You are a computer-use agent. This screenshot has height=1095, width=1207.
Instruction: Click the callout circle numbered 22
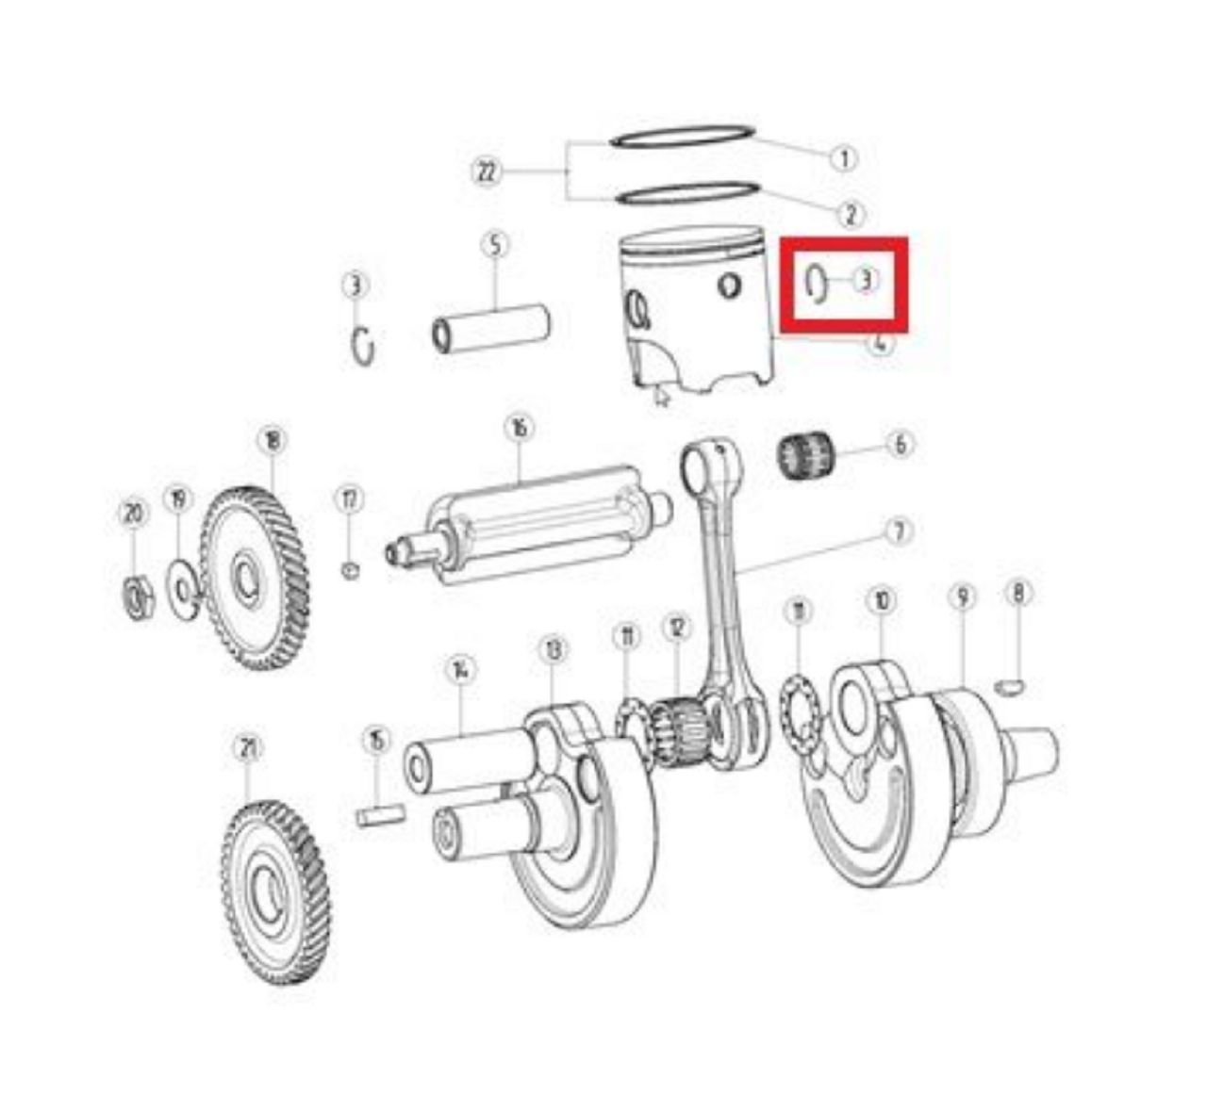click(486, 172)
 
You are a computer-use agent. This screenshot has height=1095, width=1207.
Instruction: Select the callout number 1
click(844, 158)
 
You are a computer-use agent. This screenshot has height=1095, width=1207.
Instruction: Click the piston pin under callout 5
click(490, 326)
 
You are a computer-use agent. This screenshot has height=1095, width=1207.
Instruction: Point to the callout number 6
click(900, 444)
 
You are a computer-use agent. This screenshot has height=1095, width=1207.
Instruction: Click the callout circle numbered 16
click(518, 429)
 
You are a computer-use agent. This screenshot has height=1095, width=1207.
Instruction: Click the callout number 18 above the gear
click(272, 440)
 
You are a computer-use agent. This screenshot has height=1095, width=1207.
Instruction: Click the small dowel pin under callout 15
click(381, 813)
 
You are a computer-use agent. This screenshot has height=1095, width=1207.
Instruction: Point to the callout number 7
click(899, 532)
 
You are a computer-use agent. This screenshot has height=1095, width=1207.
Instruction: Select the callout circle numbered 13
click(553, 650)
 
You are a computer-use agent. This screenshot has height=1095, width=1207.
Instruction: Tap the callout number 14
click(459, 671)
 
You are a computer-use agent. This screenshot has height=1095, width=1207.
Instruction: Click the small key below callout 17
click(350, 569)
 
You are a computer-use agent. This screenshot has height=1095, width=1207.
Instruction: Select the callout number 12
click(676, 627)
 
